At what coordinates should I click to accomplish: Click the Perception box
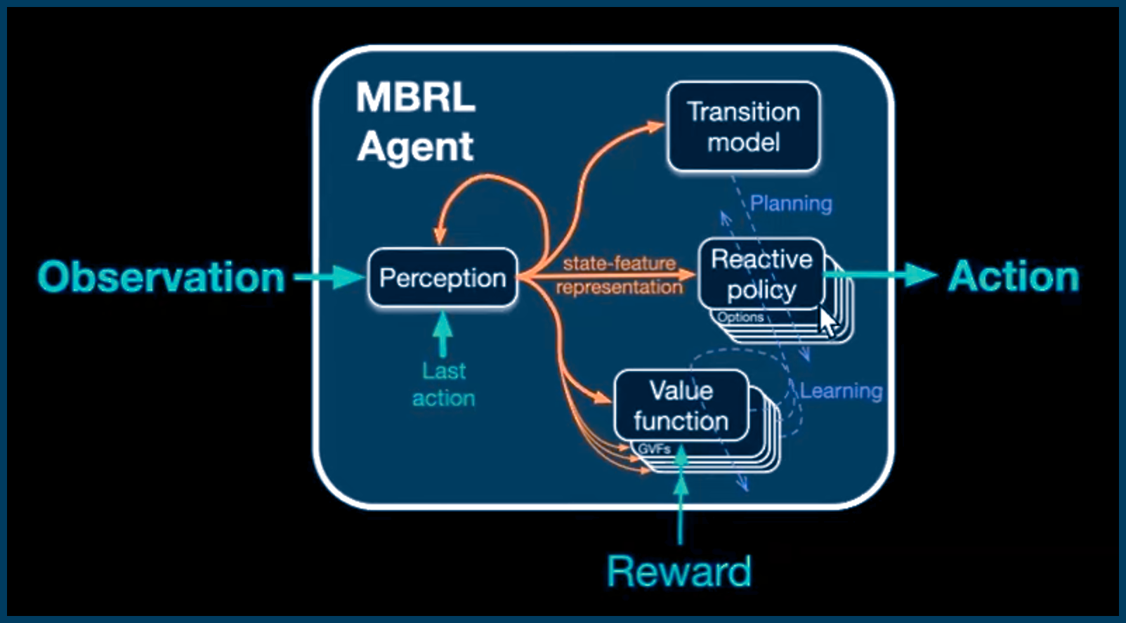(443, 278)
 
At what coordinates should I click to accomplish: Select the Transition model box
(743, 127)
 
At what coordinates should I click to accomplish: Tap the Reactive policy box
(761, 274)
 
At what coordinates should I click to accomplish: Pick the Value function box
(681, 406)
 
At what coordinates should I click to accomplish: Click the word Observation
(161, 277)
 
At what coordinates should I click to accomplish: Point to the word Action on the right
(1014, 277)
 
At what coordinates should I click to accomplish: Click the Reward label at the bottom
(679, 571)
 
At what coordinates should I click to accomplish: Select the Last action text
(443, 384)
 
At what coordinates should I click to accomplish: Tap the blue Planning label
(791, 204)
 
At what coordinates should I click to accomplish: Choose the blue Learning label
(841, 391)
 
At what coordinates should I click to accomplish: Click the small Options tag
(740, 317)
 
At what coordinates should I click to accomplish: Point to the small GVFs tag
(654, 449)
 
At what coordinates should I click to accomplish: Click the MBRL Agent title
(415, 122)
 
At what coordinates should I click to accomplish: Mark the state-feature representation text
(619, 275)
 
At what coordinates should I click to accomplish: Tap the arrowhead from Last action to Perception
(443, 322)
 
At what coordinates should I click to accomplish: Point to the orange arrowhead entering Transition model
(656, 126)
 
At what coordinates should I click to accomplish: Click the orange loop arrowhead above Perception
(440, 235)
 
